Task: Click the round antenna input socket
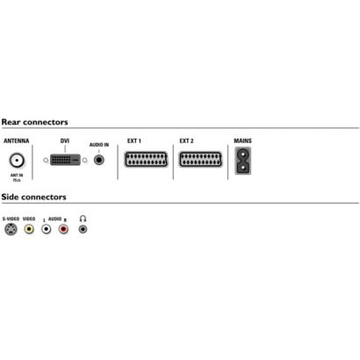(x=17, y=161)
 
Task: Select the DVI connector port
(x=65, y=160)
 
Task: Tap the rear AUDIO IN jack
(x=99, y=160)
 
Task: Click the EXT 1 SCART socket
(x=146, y=160)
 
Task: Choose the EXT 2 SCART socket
(x=200, y=159)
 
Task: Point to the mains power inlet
(x=242, y=161)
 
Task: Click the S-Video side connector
(x=11, y=229)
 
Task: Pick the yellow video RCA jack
(x=29, y=229)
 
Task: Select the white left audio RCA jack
(x=47, y=229)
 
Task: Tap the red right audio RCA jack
(x=63, y=229)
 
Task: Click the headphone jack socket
(x=83, y=229)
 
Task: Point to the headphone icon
(x=83, y=219)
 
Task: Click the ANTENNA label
(x=17, y=140)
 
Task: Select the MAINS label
(x=242, y=140)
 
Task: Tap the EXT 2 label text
(x=186, y=140)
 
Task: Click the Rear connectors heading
(x=34, y=122)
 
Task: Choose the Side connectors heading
(x=33, y=197)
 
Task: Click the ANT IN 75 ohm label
(x=17, y=177)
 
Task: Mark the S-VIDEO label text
(x=11, y=219)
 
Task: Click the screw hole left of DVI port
(x=46, y=160)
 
